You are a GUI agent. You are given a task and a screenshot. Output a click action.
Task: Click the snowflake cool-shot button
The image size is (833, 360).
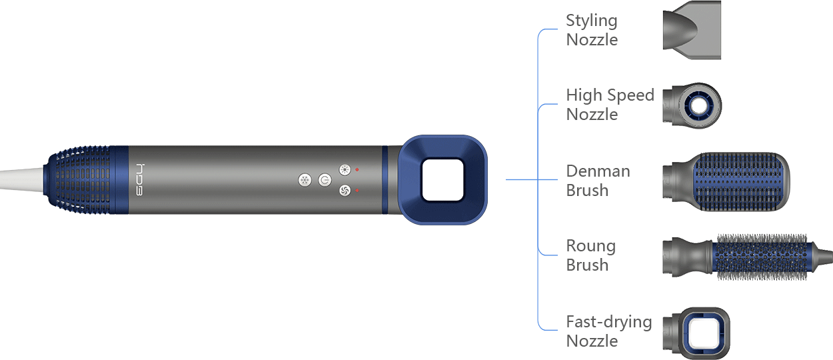click(305, 181)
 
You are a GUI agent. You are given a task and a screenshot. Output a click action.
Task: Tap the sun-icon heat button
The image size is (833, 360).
click(345, 170)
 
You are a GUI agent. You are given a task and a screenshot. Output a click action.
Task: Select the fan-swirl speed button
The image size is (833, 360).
click(345, 191)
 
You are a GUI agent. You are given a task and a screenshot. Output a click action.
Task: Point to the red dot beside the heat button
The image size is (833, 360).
click(357, 169)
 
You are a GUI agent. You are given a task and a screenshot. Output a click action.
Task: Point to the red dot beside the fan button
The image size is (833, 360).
click(357, 190)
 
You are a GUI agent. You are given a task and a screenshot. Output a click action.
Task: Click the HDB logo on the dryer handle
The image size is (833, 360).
click(139, 179)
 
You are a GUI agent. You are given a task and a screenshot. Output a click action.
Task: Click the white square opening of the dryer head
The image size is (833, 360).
click(442, 180)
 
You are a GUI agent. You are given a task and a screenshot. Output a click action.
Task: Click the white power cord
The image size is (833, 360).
click(21, 179)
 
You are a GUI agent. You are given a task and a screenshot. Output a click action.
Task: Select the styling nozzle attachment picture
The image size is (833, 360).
click(692, 30)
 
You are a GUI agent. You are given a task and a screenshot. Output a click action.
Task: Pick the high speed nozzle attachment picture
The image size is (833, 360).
click(692, 105)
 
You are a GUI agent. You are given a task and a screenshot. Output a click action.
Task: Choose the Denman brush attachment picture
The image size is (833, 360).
click(726, 181)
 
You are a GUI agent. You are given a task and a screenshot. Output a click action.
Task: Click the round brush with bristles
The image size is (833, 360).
click(748, 257)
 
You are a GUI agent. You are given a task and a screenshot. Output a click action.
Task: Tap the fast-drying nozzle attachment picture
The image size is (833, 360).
click(696, 333)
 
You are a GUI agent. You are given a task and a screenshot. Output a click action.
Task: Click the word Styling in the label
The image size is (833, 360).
click(592, 21)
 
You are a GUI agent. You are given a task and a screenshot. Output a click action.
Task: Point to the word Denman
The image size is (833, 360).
click(598, 171)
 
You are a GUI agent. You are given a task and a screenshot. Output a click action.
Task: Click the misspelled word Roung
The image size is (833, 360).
click(591, 247)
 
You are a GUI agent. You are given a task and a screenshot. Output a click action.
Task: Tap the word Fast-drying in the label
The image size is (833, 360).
click(609, 322)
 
